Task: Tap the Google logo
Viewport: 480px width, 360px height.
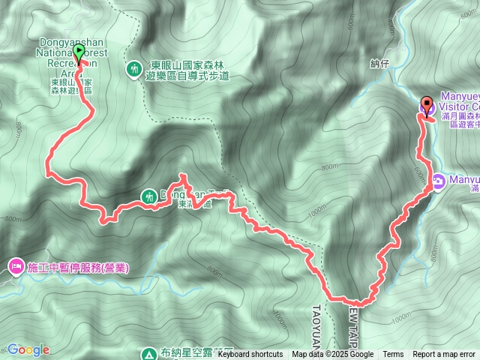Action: point(28,349)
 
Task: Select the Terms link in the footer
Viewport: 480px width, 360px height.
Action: point(393,355)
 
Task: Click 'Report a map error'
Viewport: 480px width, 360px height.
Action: point(444,355)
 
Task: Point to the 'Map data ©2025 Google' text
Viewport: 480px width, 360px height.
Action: point(333,355)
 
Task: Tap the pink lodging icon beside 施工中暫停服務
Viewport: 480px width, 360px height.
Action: point(16,266)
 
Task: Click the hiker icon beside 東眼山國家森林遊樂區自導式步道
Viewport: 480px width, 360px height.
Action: point(135,69)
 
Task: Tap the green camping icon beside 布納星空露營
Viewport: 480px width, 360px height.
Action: point(148,352)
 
